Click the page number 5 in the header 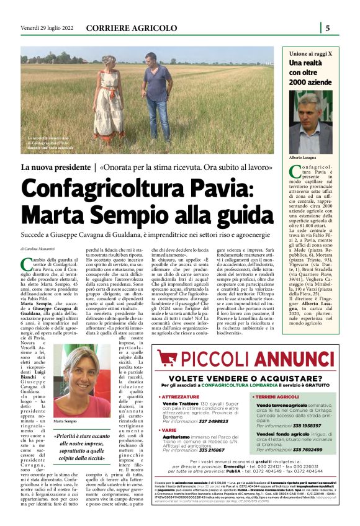[x=328, y=27]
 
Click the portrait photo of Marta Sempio [x=77, y=381]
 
